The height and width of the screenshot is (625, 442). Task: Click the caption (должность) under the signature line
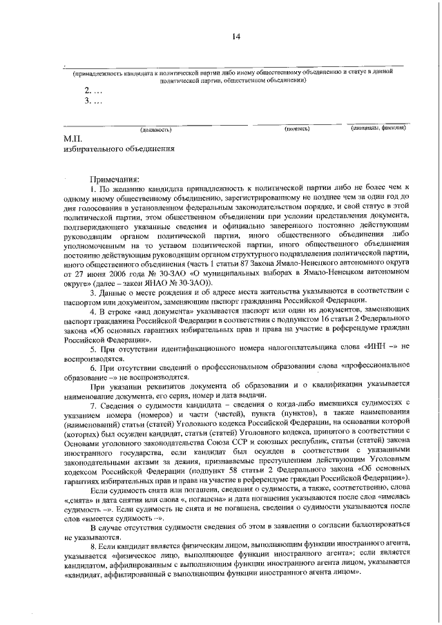point(155,129)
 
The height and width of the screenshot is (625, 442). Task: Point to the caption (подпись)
point(297,128)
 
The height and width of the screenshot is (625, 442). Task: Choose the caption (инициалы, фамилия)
point(377,128)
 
